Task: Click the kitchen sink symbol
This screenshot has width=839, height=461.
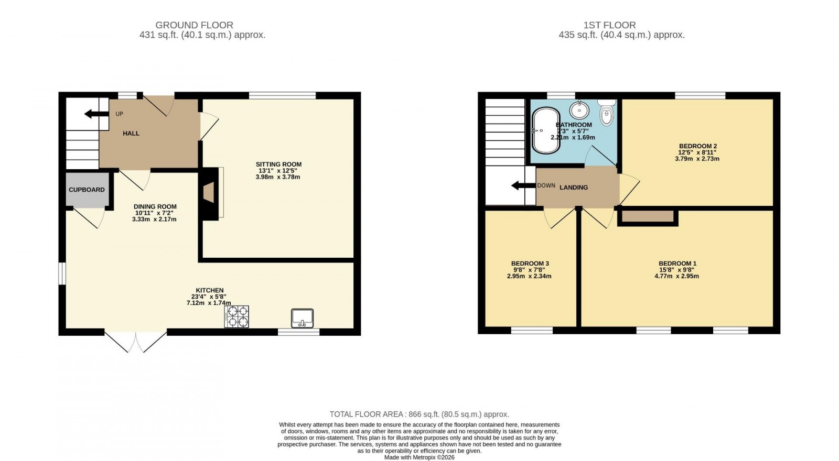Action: click(x=302, y=318)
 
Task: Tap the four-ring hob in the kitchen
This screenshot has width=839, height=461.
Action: click(x=236, y=316)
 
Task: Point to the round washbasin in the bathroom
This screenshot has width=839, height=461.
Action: click(x=579, y=110)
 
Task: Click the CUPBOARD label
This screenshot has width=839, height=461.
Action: click(x=87, y=190)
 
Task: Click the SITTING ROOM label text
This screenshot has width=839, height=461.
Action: click(x=278, y=164)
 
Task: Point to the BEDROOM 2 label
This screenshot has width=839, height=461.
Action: click(x=697, y=146)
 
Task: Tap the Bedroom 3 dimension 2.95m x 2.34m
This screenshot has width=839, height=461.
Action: click(x=529, y=276)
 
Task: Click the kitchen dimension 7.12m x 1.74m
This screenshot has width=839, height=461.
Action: click(x=209, y=303)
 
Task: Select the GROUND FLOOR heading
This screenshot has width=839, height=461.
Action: click(x=194, y=25)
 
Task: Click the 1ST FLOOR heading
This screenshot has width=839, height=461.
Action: click(x=609, y=25)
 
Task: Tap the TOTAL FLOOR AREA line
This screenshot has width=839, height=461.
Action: click(x=419, y=414)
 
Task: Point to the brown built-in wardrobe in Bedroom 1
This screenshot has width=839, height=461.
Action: click(x=648, y=216)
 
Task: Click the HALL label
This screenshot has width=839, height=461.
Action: click(x=131, y=134)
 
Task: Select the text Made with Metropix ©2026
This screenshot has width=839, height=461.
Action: click(x=419, y=457)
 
